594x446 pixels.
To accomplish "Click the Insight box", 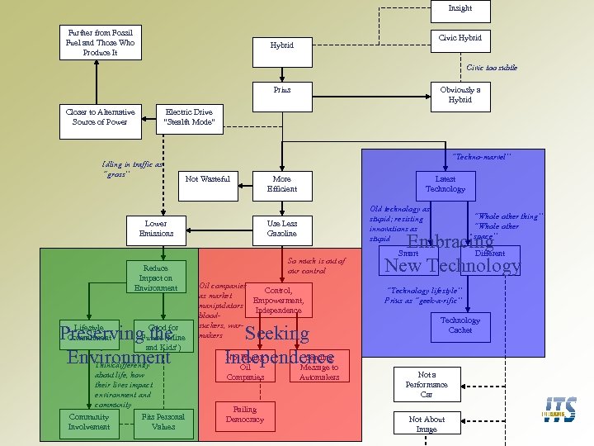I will pos(460,11).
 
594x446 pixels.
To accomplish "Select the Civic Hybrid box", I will pos(460,38).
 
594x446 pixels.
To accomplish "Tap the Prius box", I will pos(282,89).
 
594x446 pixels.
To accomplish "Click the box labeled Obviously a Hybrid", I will pos(460,94).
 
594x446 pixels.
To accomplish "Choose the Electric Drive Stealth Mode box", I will pos(189,117).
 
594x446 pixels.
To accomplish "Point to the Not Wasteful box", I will pos(208,179).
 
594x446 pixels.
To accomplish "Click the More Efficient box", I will pos(282,184).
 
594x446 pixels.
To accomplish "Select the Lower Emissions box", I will pos(156,229).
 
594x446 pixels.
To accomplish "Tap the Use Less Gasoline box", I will pos(282,229).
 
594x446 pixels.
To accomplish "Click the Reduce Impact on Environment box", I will pos(156,278).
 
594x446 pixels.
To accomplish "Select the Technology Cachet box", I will pos(460,325).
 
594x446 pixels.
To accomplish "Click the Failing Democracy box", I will pos(245,415).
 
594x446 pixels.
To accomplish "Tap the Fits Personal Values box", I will pos(164,422).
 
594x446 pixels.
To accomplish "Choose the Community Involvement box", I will pos(89,422).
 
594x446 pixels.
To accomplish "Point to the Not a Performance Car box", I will pos(427,384).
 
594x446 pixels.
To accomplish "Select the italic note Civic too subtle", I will pos(492,67).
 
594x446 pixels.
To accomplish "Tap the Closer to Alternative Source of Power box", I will pos(97,117).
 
